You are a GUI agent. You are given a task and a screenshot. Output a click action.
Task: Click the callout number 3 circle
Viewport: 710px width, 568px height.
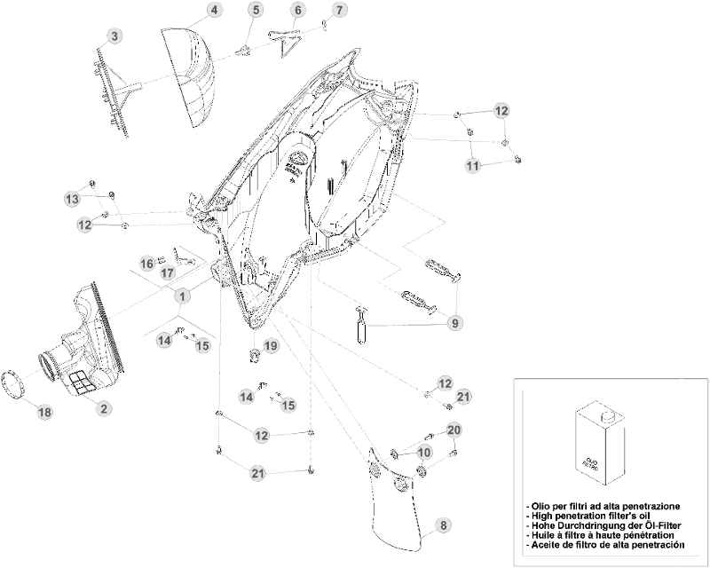click(115, 35)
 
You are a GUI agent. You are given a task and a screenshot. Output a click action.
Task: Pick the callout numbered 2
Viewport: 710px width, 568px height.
click(104, 408)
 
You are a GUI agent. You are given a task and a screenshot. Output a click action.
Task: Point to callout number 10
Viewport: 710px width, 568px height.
click(423, 452)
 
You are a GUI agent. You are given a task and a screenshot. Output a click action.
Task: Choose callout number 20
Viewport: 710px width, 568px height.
click(454, 430)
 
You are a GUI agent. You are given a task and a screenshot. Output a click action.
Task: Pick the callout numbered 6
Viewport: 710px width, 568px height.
click(297, 10)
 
